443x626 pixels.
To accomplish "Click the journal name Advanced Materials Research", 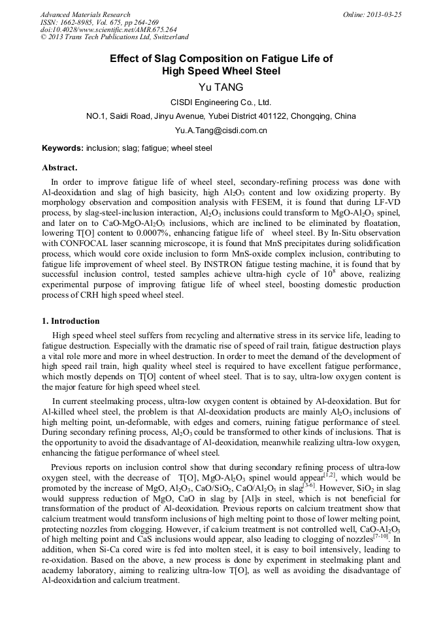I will (x=85, y=14).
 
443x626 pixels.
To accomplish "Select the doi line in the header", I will (x=108, y=29).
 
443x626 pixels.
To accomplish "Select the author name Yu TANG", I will (x=221, y=87).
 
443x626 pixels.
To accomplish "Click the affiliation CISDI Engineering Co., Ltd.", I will (x=221, y=102).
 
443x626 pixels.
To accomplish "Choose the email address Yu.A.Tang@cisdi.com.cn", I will (x=221, y=131).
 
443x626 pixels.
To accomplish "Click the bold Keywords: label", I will (x=63, y=148).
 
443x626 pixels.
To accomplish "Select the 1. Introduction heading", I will (x=71, y=321).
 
